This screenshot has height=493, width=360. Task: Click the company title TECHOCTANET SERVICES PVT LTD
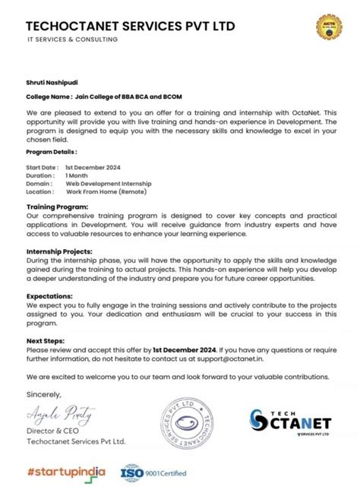[131, 27]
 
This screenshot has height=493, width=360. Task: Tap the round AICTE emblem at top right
[328, 27]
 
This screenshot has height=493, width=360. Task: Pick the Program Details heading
[52, 152]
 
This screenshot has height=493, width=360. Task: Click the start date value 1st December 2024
[93, 166]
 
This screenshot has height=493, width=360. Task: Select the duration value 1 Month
[76, 175]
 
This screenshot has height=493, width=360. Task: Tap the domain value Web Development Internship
[109, 183]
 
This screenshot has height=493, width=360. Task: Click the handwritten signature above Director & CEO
[61, 414]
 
